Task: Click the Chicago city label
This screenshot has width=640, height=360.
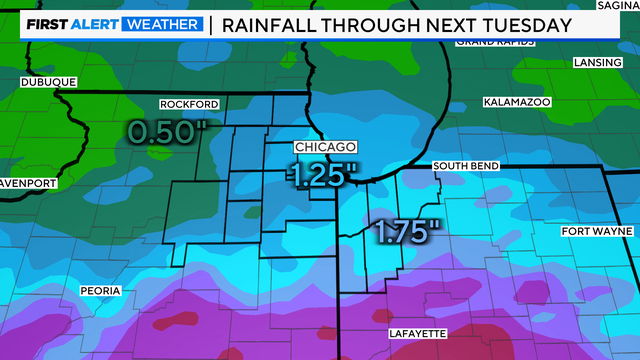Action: click(324, 147)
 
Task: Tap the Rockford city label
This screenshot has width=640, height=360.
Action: click(188, 104)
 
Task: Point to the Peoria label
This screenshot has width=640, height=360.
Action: click(100, 291)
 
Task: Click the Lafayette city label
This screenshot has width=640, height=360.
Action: click(414, 334)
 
